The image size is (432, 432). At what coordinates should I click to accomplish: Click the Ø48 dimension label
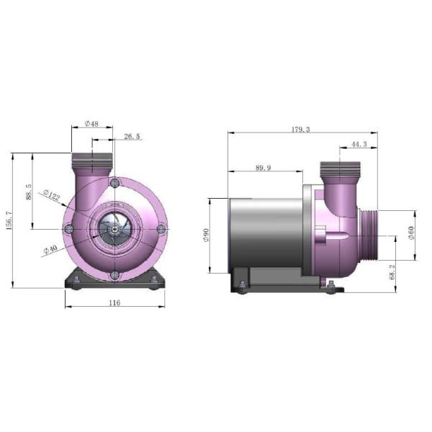(91, 124)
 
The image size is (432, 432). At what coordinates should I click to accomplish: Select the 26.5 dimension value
(132, 136)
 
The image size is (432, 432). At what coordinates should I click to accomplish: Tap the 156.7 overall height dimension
(9, 221)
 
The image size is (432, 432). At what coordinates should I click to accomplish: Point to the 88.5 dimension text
(28, 192)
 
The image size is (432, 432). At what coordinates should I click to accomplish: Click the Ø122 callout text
(52, 195)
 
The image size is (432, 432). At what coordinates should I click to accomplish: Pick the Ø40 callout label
(50, 249)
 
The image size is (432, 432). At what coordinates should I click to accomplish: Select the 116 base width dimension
(114, 303)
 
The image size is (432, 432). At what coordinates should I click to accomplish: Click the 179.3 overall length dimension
(301, 129)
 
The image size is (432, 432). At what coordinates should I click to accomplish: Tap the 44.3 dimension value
(359, 144)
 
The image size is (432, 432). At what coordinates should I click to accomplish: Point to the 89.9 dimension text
(263, 168)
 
